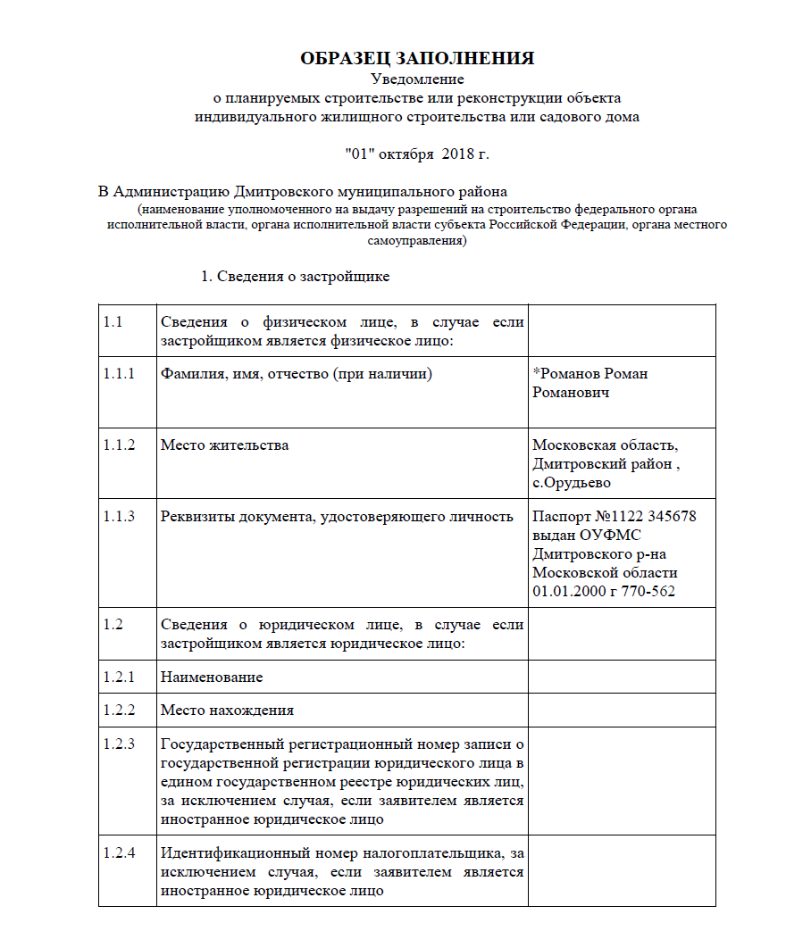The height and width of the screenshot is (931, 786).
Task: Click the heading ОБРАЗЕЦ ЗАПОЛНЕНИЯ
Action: click(x=417, y=59)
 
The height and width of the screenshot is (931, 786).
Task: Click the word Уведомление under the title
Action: click(x=417, y=79)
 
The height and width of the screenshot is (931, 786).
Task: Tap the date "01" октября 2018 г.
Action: click(x=417, y=154)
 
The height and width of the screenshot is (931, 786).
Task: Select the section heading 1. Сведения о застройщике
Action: click(x=294, y=277)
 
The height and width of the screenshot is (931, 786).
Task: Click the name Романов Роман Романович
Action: click(x=589, y=383)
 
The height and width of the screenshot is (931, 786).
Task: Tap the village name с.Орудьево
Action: click(x=572, y=483)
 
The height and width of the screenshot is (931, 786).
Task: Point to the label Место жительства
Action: click(x=224, y=445)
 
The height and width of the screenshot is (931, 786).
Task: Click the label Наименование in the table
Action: click(x=212, y=677)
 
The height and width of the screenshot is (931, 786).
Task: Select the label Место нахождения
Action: click(x=227, y=711)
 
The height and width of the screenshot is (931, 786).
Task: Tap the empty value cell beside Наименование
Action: click(x=622, y=677)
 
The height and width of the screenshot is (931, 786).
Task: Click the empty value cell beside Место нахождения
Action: click(x=622, y=711)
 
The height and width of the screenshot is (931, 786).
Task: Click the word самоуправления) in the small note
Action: click(x=417, y=241)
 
